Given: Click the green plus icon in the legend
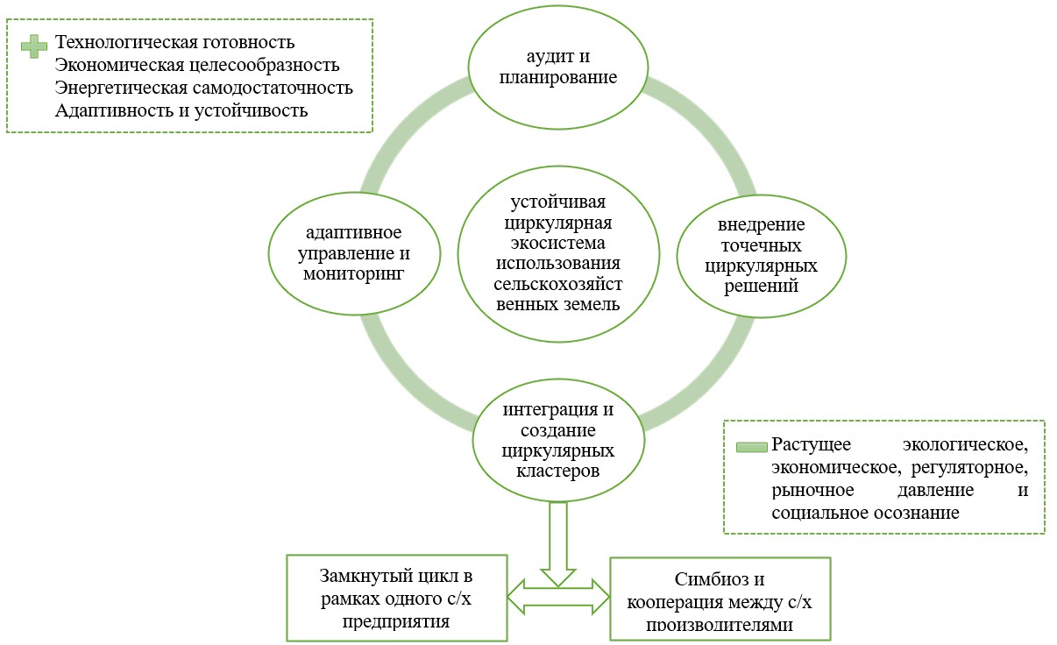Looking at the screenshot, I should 35,46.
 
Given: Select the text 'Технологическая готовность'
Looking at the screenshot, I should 174,42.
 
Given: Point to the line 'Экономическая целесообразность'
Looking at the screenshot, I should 196,65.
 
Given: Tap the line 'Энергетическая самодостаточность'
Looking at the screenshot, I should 203,88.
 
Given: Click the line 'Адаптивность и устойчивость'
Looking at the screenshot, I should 181,110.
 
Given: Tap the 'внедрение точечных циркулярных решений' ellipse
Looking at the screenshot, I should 761,255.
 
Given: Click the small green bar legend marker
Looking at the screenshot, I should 750,446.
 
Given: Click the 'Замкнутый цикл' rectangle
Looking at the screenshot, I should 398,599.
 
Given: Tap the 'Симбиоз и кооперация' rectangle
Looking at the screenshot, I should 720,601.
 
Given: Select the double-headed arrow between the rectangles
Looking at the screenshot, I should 558,597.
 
